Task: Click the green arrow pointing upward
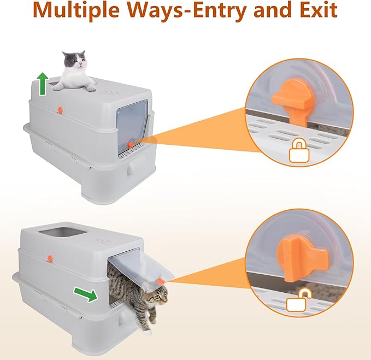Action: [x=43, y=84]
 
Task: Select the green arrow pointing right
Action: [x=85, y=294]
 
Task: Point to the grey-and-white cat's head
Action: [x=74, y=60]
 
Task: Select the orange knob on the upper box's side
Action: [x=60, y=109]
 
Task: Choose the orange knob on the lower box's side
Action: [x=50, y=258]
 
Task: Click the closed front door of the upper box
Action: [x=132, y=125]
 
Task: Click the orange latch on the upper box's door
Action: [x=131, y=145]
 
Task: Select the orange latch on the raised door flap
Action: [x=161, y=281]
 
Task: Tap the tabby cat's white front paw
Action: [x=148, y=332]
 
